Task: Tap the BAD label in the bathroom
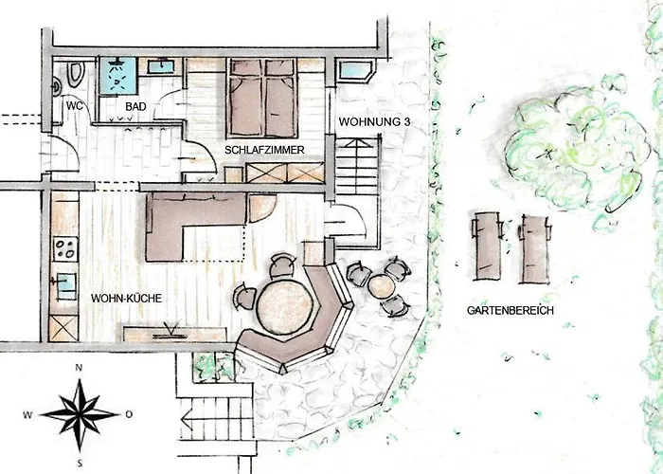[x=135, y=106]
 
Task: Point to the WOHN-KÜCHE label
[x=126, y=299]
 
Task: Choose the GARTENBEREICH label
[x=510, y=311]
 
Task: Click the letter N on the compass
[x=81, y=368]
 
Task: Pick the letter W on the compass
[x=28, y=414]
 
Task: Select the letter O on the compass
[x=130, y=414]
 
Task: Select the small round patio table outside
[x=383, y=284]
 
